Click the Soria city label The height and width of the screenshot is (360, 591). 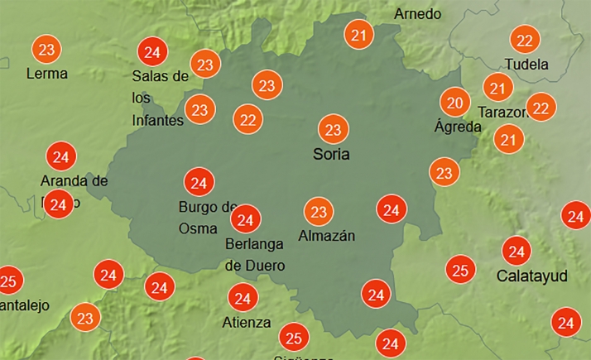point(331,154)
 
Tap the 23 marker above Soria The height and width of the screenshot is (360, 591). point(333,130)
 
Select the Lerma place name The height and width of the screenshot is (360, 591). point(46,73)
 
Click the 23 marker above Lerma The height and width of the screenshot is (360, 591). point(47,50)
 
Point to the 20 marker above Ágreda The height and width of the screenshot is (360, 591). point(453,103)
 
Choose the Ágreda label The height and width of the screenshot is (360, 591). point(457,127)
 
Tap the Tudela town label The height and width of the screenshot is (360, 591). point(526,64)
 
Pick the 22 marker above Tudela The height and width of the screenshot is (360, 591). point(523,40)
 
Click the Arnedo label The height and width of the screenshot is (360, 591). point(417,14)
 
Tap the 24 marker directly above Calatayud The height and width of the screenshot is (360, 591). point(517,250)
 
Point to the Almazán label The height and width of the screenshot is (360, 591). point(326,236)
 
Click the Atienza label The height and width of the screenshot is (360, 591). point(246,322)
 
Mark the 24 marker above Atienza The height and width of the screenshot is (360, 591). point(243,297)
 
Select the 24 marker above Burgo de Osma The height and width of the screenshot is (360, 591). point(198,182)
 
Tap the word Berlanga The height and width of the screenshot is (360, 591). point(255,244)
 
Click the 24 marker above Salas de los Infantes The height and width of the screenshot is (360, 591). point(151,52)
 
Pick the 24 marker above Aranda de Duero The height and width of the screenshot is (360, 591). point(60,156)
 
